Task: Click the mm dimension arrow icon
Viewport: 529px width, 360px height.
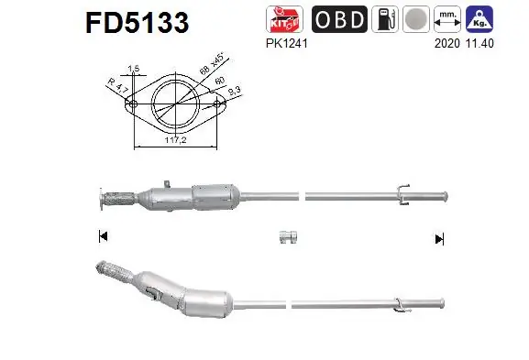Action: tap(447, 18)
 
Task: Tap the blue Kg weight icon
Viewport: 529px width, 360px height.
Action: tap(478, 18)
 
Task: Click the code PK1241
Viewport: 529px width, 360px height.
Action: tap(283, 40)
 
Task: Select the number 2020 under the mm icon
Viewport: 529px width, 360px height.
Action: tap(446, 40)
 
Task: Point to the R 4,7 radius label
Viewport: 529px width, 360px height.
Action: tap(116, 86)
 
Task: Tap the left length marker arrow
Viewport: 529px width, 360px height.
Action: tap(102, 237)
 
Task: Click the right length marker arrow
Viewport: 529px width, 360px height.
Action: tap(439, 238)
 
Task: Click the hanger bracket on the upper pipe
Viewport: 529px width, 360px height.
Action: tap(402, 191)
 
